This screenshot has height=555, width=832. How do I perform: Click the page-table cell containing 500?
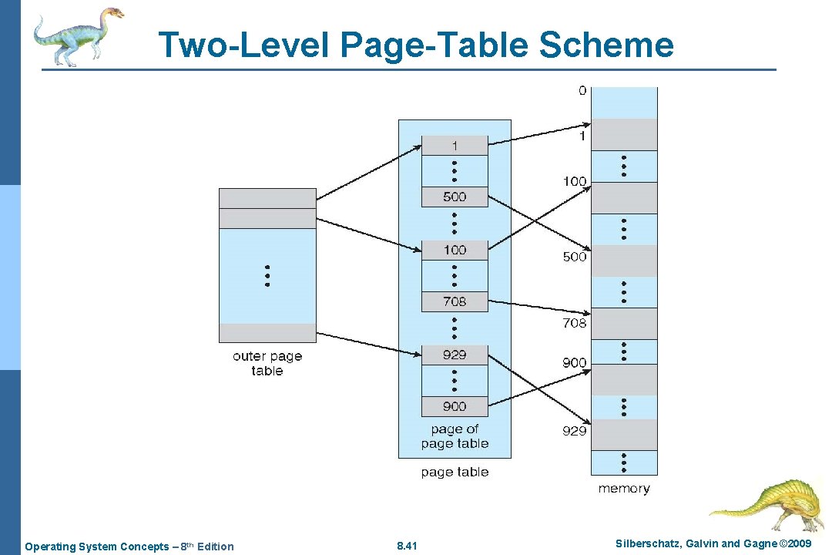[455, 197]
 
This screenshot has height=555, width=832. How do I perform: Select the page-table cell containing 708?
[455, 301]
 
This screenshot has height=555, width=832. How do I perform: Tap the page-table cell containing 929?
[455, 355]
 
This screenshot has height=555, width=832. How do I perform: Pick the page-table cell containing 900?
[455, 406]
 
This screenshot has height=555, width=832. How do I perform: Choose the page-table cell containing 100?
[455, 250]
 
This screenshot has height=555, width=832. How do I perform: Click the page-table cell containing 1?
[455, 146]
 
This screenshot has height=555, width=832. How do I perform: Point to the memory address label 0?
[582, 90]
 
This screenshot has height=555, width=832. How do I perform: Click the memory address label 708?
[574, 323]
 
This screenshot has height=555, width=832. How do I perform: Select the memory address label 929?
[574, 431]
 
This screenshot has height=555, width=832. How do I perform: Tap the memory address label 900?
[574, 362]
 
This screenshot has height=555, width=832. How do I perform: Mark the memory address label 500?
[574, 257]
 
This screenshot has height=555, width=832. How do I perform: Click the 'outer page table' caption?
[267, 363]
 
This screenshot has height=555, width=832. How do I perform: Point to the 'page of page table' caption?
[455, 436]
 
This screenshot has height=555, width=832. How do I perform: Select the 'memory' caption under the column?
[624, 489]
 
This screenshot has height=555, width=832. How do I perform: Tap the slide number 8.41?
[407, 547]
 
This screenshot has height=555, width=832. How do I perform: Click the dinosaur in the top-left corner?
[78, 35]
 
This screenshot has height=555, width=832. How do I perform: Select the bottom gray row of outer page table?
[267, 333]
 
